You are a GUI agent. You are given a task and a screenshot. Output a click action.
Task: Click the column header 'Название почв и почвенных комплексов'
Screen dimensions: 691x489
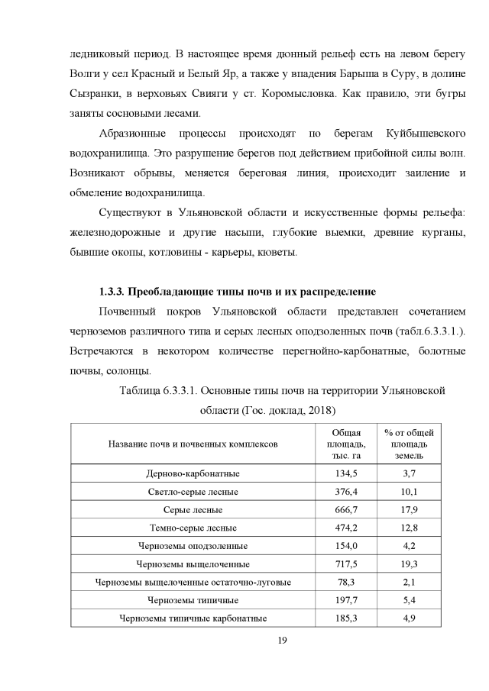pos(193,443)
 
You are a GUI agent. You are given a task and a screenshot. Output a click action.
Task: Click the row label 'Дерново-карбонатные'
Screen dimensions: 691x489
pos(193,474)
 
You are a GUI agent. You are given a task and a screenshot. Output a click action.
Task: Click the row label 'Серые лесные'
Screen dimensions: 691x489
pos(193,510)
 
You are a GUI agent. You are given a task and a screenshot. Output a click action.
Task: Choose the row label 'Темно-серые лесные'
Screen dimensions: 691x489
pos(193,528)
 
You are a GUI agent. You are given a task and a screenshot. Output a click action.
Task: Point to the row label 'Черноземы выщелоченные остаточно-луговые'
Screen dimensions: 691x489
pos(193,583)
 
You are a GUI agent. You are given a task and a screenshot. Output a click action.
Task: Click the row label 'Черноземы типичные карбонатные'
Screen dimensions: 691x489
pos(193,618)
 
